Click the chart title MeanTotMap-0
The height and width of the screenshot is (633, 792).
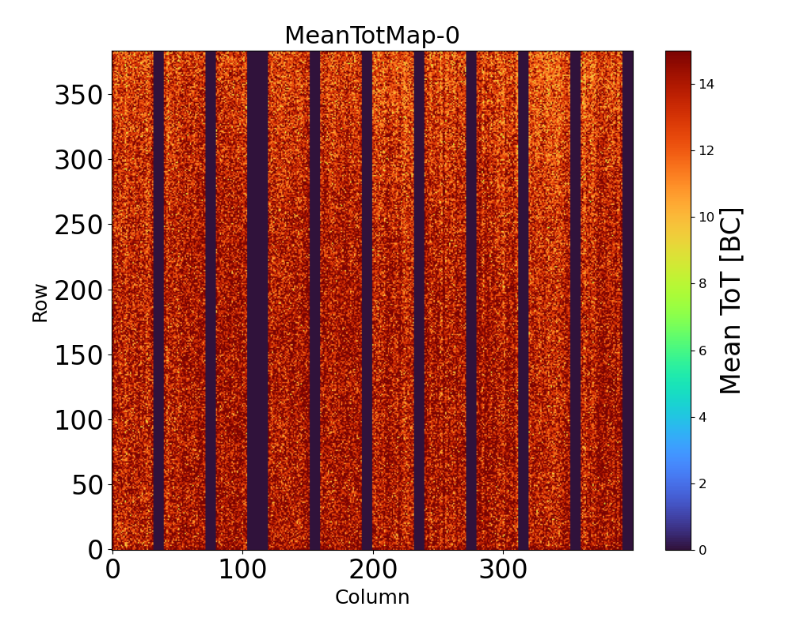tap(371, 36)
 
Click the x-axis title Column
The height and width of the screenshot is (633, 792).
tap(372, 597)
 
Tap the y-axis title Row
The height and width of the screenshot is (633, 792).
tap(40, 303)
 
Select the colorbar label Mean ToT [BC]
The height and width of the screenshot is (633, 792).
tap(731, 301)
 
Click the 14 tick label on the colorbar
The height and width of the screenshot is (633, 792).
tap(706, 85)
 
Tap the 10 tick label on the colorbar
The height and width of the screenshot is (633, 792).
tap(706, 217)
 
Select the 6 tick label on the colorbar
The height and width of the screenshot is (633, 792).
tap(703, 350)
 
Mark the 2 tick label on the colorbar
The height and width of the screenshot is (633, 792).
tap(703, 483)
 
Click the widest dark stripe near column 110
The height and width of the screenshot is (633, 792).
tap(257, 301)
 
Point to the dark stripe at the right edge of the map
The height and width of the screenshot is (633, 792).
tap(627, 301)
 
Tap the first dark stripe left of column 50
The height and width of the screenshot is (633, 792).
tap(158, 301)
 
